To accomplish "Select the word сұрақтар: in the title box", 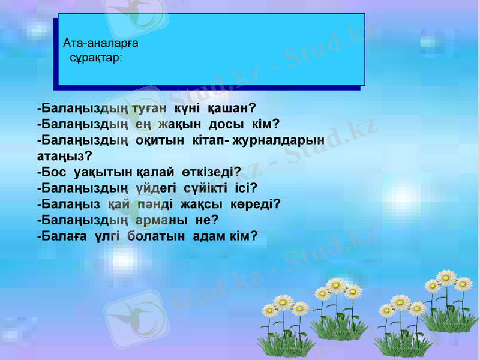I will (x=97, y=58).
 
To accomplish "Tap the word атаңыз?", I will (x=64, y=155).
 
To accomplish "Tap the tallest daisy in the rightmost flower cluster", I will (x=446, y=277).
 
